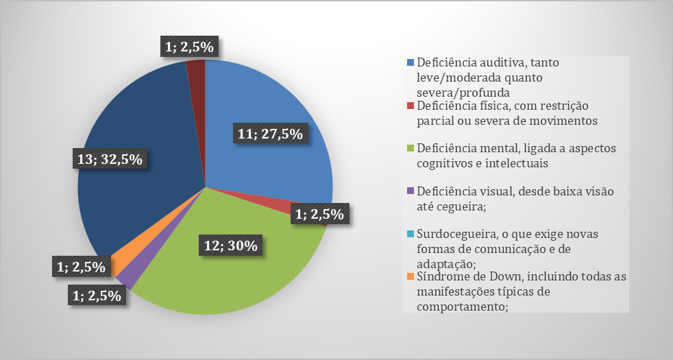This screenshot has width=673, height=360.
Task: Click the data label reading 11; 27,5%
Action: pyautogui.click(x=271, y=134)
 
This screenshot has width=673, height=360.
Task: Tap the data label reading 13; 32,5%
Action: pyautogui.click(x=110, y=160)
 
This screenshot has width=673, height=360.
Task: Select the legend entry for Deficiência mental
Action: pyautogui.click(x=508, y=156)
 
